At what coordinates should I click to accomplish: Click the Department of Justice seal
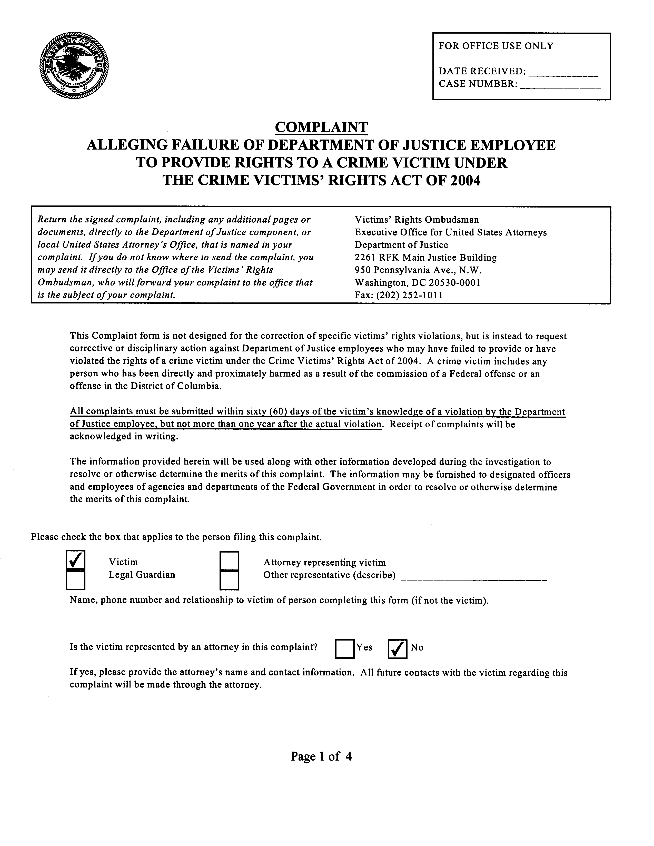pos(74,67)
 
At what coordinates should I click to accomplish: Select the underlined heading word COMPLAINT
pos(321,127)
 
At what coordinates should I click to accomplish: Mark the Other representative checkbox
pos(229,580)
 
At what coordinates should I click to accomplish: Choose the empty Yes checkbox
pos(344,649)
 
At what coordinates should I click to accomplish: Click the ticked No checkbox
pos(397,649)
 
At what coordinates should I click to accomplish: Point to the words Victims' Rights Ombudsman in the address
pos(417,220)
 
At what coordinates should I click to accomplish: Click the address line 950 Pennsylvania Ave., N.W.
pos(418,270)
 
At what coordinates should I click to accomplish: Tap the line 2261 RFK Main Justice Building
pos(425,258)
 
